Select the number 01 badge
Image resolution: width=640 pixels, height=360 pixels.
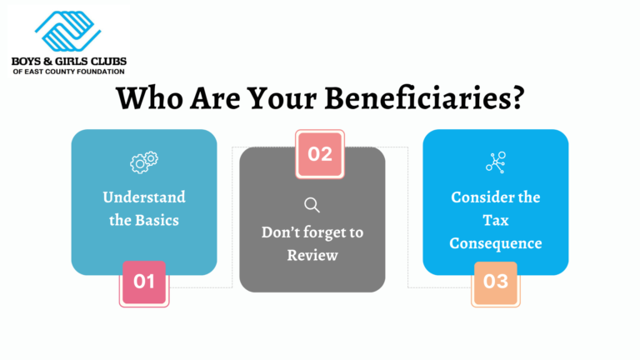[144, 282]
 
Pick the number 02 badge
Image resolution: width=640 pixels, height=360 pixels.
[320, 153]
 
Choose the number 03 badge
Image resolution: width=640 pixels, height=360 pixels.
[496, 282]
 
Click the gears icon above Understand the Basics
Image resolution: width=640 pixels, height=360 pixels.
[143, 163]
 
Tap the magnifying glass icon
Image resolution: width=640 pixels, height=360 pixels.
[312, 205]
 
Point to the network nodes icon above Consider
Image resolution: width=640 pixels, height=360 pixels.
[496, 162]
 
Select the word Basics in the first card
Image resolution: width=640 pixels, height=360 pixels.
[158, 221]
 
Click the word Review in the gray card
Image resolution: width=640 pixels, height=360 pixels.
[312, 255]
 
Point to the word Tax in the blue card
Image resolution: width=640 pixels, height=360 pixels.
[496, 220]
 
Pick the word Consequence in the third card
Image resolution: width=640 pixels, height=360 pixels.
[496, 243]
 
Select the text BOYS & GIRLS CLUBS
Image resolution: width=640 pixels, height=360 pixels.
[68, 61]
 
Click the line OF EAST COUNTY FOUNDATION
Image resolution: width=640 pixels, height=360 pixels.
[68, 72]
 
